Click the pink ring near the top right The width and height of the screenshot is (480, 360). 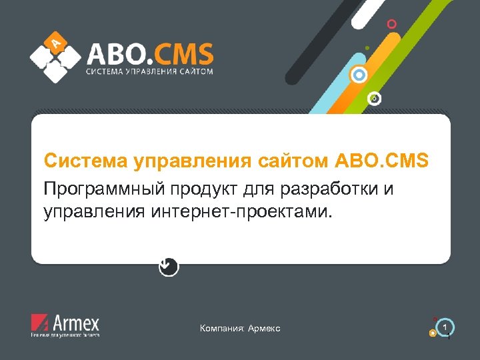[x=392, y=24]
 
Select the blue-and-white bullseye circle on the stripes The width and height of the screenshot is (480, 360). [x=360, y=75]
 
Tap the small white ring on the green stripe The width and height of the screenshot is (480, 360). [x=375, y=99]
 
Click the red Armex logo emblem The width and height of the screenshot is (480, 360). [x=40, y=324]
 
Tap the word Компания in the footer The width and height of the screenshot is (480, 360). [x=222, y=329]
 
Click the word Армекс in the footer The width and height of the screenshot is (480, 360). [x=264, y=329]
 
